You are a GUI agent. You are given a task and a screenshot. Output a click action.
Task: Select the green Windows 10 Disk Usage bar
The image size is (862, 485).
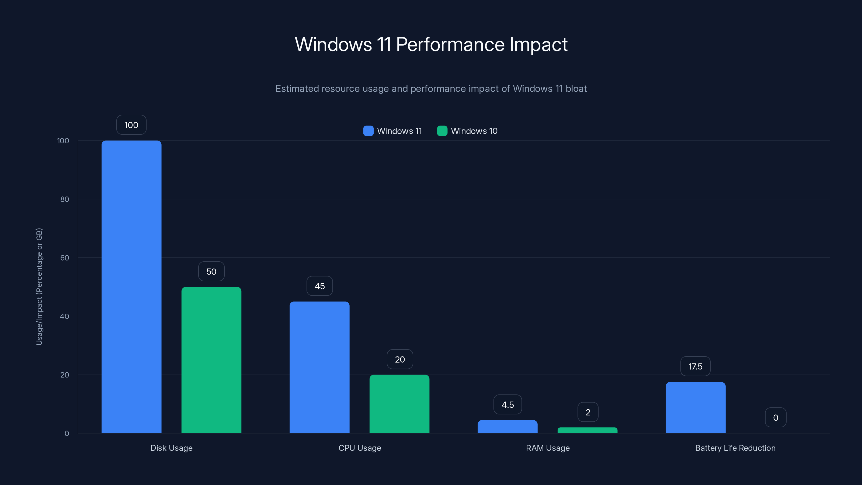pos(211,360)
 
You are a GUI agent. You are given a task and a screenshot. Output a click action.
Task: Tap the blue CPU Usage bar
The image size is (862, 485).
pos(319,367)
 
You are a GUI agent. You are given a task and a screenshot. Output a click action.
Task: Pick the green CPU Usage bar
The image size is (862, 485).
pos(399,404)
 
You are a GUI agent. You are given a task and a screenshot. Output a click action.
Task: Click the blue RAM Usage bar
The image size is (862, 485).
pos(507,427)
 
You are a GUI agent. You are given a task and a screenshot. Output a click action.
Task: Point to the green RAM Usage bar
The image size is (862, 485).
pos(587,430)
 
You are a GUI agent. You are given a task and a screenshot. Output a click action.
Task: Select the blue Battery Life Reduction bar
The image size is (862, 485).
pos(695,407)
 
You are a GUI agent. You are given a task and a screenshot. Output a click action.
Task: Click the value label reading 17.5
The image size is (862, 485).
pos(695,366)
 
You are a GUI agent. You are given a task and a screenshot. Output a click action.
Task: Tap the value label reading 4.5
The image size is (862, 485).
pos(507,405)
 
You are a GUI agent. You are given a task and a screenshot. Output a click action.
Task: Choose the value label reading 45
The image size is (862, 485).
pos(319,286)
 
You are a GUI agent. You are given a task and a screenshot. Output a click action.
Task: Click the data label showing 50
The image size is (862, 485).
pos(211,271)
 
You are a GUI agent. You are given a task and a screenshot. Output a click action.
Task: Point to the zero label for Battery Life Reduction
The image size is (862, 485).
pos(775,418)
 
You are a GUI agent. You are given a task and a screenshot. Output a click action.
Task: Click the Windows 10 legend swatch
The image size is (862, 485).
pos(442,131)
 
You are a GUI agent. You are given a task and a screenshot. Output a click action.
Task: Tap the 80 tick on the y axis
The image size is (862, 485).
pos(65,199)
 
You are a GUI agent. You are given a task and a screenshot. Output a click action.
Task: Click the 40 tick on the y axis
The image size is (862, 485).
pos(65,316)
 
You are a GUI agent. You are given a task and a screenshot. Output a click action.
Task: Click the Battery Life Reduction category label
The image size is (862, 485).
pos(735,448)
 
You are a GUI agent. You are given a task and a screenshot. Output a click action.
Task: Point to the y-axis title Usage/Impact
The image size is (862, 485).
pos(39,286)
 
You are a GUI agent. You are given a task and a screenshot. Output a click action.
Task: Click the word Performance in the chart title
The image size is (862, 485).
pos(450,44)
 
